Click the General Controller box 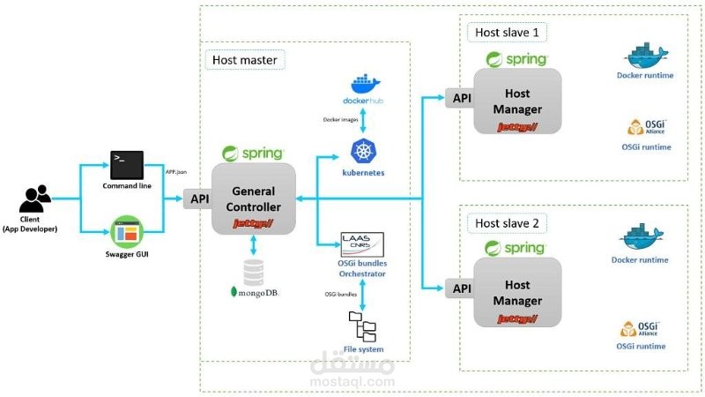(x=254, y=198)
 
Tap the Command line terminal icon (x=127, y=165)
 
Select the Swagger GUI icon (x=127, y=233)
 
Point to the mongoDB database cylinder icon (x=254, y=270)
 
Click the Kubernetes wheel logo (x=363, y=151)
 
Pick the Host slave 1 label (x=506, y=33)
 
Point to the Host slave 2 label (x=506, y=222)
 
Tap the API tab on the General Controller (x=198, y=199)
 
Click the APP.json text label (x=177, y=173)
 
